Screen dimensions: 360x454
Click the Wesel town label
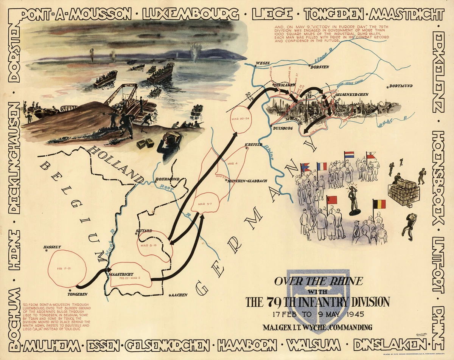point(262,63)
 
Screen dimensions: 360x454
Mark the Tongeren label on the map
point(77,294)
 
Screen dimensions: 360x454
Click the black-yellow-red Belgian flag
point(379,204)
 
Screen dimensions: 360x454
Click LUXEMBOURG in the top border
point(191,15)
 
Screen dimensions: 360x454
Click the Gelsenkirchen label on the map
point(351,95)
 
